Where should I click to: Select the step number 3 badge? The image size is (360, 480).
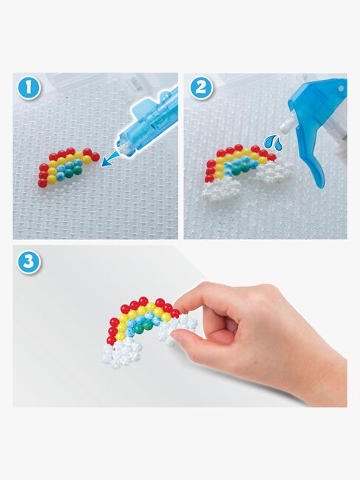27,262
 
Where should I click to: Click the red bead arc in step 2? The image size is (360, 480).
229,153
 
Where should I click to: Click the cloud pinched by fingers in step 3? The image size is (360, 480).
180,326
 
